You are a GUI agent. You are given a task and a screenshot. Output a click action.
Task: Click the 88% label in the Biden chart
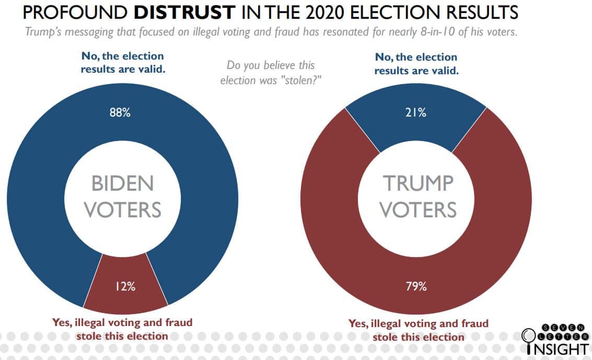[120, 112]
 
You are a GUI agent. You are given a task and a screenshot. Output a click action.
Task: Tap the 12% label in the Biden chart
[125, 286]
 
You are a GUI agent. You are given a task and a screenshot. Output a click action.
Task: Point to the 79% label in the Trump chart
[417, 286]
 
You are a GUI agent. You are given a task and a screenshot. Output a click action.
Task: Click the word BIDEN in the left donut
[123, 183]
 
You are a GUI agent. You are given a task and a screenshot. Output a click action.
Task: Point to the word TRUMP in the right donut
[418, 183]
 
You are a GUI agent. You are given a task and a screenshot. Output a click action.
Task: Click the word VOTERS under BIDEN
[123, 210]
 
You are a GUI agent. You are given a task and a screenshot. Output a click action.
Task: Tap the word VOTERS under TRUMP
[418, 210]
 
